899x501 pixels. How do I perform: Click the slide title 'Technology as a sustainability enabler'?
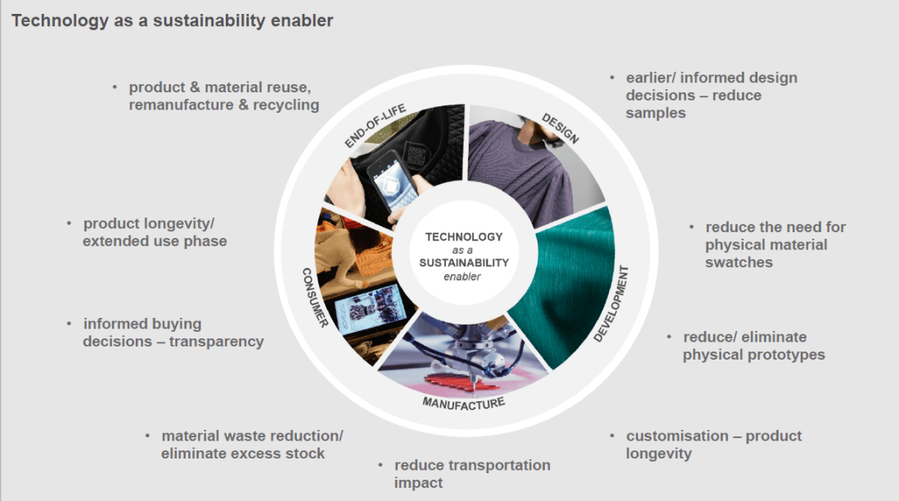click(x=172, y=20)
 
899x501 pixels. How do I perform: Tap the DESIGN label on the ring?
click(x=560, y=127)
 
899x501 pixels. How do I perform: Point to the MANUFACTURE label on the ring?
click(x=463, y=403)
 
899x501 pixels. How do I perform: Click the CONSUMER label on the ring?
click(x=315, y=298)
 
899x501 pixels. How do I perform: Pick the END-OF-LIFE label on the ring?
click(x=375, y=127)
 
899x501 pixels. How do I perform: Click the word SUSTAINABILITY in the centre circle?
click(x=464, y=263)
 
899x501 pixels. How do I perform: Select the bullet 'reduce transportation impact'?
click(x=472, y=474)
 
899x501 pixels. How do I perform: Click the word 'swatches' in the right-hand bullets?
click(x=739, y=262)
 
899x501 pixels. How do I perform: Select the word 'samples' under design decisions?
click(x=655, y=113)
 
